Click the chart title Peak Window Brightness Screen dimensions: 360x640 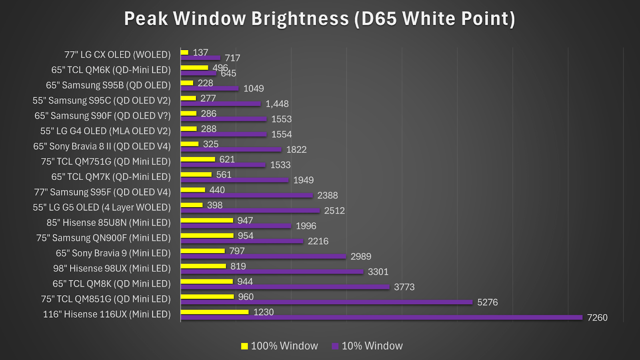(x=319, y=19)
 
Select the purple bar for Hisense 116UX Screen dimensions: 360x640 (x=381, y=318)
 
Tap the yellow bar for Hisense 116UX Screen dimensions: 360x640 (x=214, y=312)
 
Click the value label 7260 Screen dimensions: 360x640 (x=597, y=318)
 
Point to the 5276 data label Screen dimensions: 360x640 (x=487, y=302)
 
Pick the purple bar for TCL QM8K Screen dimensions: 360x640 (x=285, y=287)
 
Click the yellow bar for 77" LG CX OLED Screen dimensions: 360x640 (x=184, y=52)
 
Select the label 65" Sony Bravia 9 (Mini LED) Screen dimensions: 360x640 (x=113, y=253)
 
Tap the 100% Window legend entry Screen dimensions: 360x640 (x=280, y=346)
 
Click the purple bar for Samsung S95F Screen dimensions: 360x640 (x=246, y=195)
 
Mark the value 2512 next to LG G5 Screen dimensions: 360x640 (x=334, y=211)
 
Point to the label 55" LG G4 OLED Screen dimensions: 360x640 (x=105, y=131)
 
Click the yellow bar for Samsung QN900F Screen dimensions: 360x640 (x=207, y=236)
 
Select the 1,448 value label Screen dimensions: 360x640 (x=277, y=104)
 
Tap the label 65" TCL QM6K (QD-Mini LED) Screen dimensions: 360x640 (x=111, y=70)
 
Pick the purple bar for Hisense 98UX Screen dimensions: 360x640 (x=272, y=272)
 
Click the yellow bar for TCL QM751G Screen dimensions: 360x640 (x=198, y=159)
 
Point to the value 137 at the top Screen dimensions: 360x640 (x=200, y=52)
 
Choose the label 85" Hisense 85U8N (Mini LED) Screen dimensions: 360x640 (x=108, y=222)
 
